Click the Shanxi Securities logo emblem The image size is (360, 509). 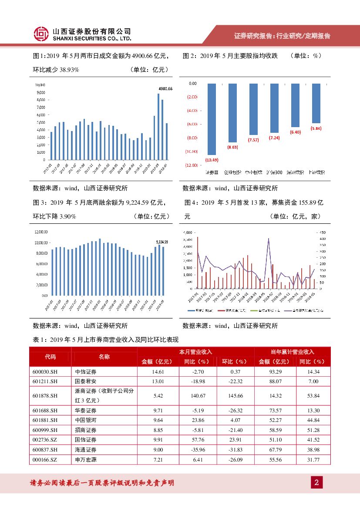[x=41, y=34]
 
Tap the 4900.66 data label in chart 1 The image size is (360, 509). [x=165, y=89]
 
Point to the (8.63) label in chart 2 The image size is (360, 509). [x=233, y=147]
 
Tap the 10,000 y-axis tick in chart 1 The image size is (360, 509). [x=40, y=85]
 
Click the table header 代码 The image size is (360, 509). [x=50, y=357]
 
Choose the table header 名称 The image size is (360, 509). [x=104, y=357]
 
